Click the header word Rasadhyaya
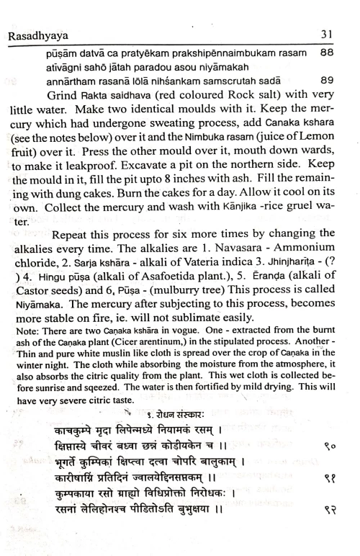click(37, 35)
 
